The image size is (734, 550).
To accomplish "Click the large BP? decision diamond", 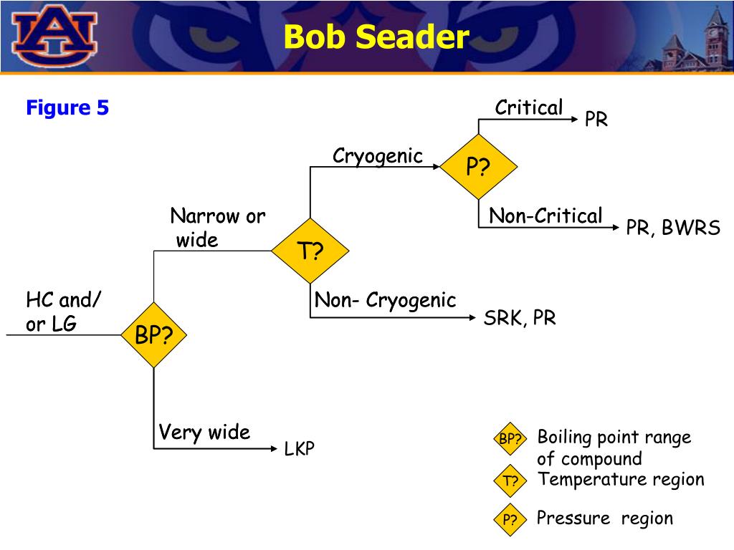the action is (x=154, y=335).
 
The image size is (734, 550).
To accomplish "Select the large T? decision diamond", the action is (x=310, y=251).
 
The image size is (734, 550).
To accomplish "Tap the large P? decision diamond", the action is (x=478, y=166).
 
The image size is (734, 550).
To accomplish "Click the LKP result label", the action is (x=299, y=448).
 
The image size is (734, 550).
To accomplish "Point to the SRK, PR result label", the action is (x=520, y=318).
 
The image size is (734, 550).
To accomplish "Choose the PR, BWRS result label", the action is (x=673, y=228).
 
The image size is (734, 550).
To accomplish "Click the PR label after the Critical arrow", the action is (x=596, y=120).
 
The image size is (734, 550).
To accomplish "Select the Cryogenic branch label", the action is (x=378, y=156).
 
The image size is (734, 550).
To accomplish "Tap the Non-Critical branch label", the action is (x=545, y=216).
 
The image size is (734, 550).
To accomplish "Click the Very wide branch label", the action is (x=204, y=432).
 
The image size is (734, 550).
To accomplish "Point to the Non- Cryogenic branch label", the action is (x=385, y=300).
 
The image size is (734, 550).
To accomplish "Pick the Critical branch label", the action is (x=529, y=107).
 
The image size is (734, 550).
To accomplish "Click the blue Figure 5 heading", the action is (x=67, y=107).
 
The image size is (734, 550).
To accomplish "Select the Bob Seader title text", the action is (x=376, y=37).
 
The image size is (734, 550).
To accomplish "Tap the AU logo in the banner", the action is (x=54, y=36).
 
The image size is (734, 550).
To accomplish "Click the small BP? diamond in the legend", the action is (x=510, y=439).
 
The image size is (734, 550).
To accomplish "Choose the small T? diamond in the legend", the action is (x=510, y=481).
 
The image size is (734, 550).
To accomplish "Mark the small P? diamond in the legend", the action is (x=510, y=519).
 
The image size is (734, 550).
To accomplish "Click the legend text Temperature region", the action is (x=621, y=479).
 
